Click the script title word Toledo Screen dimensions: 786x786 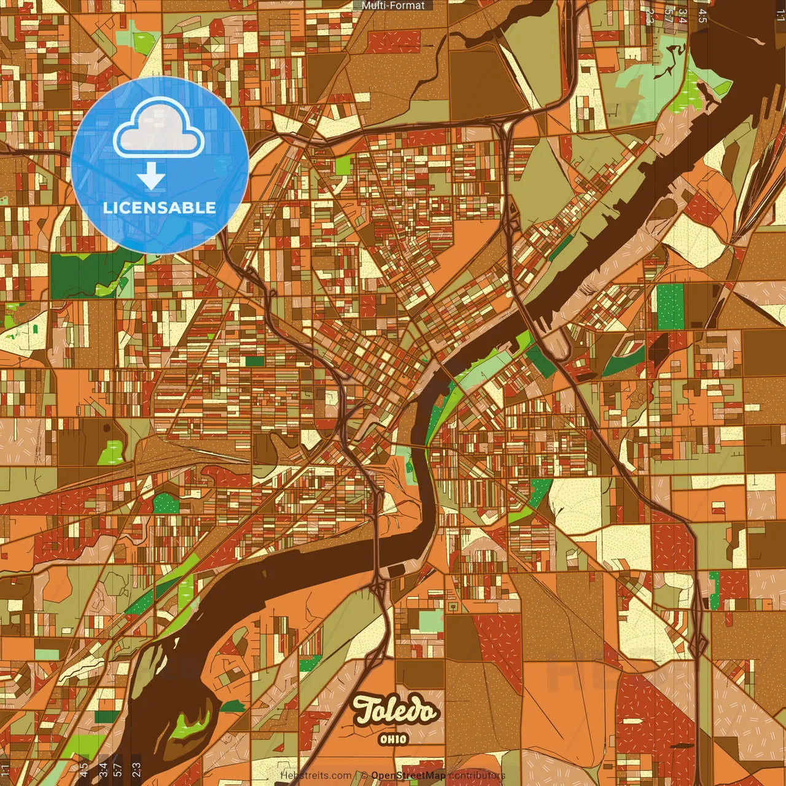pos(395,711)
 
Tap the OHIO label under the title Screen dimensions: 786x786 pos(394,739)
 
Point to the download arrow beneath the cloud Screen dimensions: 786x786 pos(151,176)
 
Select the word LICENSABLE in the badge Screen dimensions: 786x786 pos(160,208)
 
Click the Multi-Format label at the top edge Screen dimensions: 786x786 pos(393,6)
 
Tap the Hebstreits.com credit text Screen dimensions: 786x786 pos(316,776)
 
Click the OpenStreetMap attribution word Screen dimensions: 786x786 pos(408,776)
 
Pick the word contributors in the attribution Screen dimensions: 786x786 pos(477,776)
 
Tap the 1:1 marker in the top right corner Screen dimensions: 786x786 pos(780,15)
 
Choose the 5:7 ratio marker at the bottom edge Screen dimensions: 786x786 pos(118,769)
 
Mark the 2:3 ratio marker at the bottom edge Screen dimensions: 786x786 pos(136,769)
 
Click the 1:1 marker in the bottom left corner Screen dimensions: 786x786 pos(6,770)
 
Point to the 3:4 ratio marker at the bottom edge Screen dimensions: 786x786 pos(103,769)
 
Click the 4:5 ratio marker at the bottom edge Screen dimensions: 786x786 pos(84,770)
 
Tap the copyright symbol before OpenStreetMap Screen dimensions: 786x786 pos(364,776)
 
